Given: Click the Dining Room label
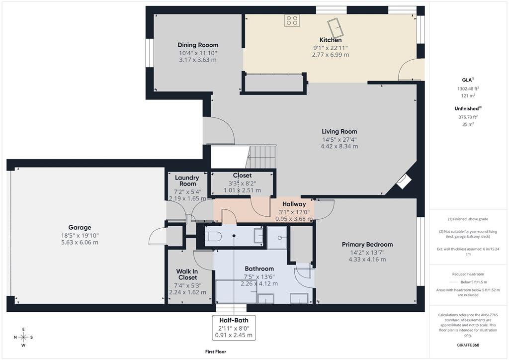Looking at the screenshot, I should pos(198,45).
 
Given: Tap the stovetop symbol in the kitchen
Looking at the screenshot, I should pos(292,20).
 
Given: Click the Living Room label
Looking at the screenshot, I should pos(339,132).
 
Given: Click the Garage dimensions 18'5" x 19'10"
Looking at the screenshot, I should pos(80,235).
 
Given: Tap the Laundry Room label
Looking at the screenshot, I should pos(187,180).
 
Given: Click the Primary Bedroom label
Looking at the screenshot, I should pos(367,244).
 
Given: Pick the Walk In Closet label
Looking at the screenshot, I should pos(187,274).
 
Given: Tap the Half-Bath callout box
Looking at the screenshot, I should pos(234,328).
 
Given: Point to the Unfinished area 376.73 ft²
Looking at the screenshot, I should pos(468,117).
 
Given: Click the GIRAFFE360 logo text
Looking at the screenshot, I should pos(468,345).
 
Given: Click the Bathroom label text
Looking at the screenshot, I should pos(259,269).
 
